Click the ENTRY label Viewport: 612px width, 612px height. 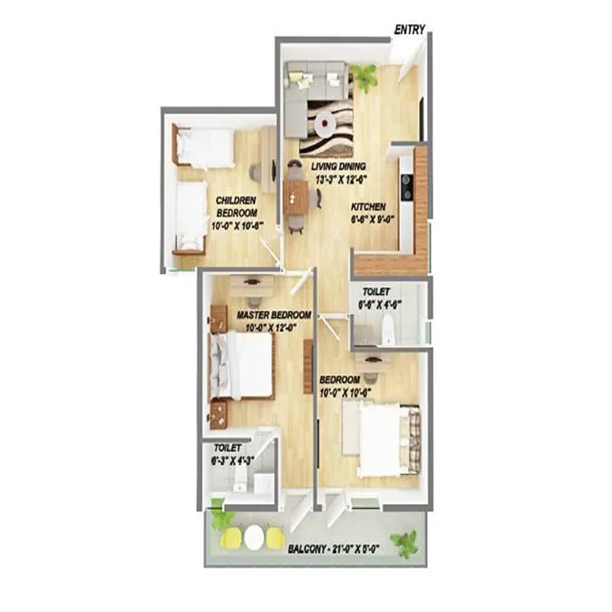pyautogui.click(x=409, y=30)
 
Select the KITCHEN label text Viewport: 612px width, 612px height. pyautogui.click(x=368, y=207)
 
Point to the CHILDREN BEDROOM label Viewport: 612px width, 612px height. pyautogui.click(x=236, y=206)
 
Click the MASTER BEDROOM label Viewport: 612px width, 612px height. pyautogui.click(x=274, y=315)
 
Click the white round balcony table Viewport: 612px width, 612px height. pyautogui.click(x=254, y=536)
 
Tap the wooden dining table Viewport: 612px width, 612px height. pyautogui.click(x=295, y=197)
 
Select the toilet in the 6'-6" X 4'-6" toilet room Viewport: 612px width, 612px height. pyautogui.click(x=388, y=330)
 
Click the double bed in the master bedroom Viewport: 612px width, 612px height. pyautogui.click(x=243, y=365)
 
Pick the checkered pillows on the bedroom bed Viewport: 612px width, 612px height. pyautogui.click(x=414, y=440)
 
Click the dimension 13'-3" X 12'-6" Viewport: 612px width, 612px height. pyautogui.click(x=338, y=180)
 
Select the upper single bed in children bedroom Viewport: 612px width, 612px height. pyautogui.click(x=204, y=147)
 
